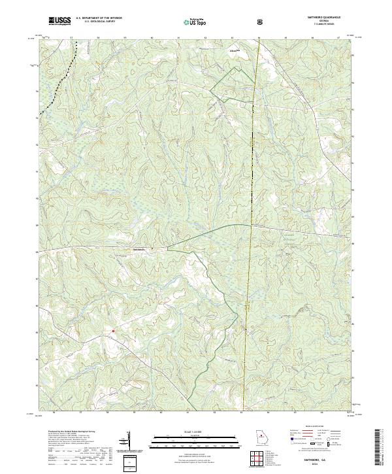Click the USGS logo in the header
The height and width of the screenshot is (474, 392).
pos(60,22)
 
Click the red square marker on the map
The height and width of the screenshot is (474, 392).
pos(113,331)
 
